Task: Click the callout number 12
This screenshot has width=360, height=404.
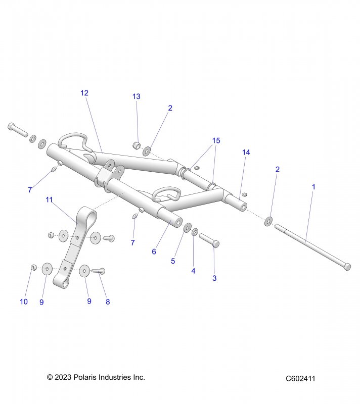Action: tap(84, 93)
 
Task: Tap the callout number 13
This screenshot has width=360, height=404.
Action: tap(137, 96)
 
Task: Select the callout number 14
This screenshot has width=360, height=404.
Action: tap(246, 152)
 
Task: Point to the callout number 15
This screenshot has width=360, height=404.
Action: tap(216, 140)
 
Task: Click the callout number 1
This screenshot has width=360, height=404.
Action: tap(313, 187)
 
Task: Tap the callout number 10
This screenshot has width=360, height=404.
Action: tap(24, 302)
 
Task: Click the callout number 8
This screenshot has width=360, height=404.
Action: tap(107, 302)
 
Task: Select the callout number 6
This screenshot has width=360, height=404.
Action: tap(154, 251)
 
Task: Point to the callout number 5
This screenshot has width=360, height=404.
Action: tap(173, 261)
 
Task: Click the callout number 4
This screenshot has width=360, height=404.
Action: tap(193, 271)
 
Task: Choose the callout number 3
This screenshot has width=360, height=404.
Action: tap(214, 278)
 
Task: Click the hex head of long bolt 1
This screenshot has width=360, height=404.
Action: tap(347, 266)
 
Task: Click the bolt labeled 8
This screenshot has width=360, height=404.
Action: tap(99, 271)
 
